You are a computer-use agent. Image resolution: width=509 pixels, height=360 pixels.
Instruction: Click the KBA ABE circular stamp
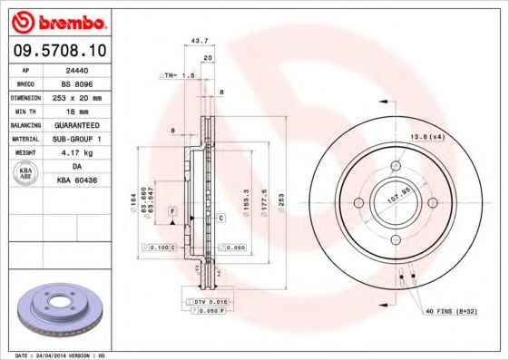point(27,173)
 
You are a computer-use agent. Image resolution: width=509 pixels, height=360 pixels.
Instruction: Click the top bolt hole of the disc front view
point(396,165)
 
